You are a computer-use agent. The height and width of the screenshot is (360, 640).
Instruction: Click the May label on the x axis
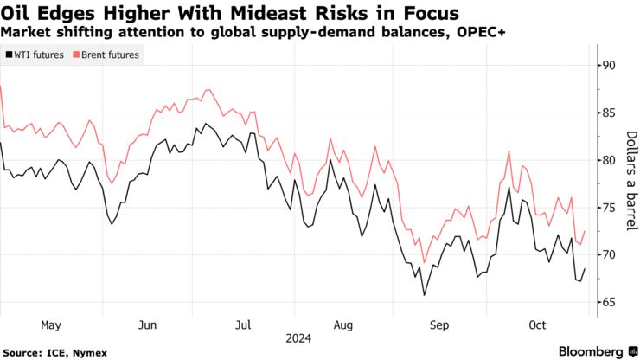(50, 325)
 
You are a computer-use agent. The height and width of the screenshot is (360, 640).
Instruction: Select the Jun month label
(147, 325)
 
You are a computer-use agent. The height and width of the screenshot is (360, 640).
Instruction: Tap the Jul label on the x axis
(243, 325)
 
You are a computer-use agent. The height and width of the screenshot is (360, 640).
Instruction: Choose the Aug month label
(342, 325)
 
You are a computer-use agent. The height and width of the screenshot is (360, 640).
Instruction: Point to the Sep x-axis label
(440, 325)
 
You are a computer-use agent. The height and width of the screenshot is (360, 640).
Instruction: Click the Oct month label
(537, 325)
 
